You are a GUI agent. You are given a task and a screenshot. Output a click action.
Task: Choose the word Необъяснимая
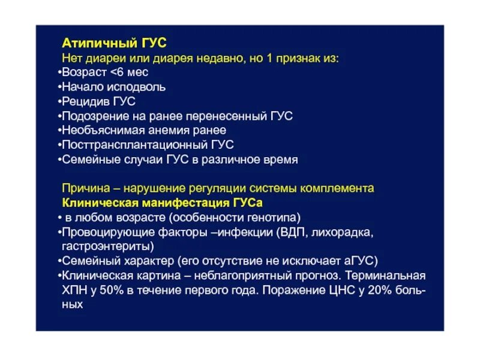100,130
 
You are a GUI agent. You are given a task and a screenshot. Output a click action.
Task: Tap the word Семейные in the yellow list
88,160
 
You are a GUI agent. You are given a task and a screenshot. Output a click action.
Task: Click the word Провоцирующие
102,232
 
